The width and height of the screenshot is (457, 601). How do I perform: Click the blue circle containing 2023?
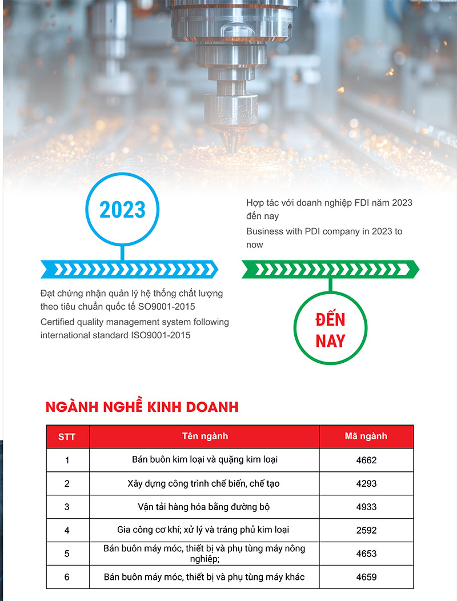pyautogui.click(x=123, y=210)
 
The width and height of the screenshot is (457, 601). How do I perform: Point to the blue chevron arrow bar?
pyautogui.click(x=129, y=269)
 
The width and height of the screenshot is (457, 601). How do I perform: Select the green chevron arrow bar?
pyautogui.click(x=330, y=269)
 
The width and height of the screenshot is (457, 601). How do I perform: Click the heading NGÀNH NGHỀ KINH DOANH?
pyautogui.click(x=142, y=407)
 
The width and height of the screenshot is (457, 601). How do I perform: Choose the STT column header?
pyautogui.click(x=67, y=436)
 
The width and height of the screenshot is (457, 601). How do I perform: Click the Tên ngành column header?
pyautogui.click(x=205, y=436)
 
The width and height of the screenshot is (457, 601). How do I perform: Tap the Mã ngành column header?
pyautogui.click(x=366, y=436)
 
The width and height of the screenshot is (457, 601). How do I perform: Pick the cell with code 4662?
pyautogui.click(x=366, y=460)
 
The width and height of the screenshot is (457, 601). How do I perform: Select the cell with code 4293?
pyautogui.click(x=366, y=483)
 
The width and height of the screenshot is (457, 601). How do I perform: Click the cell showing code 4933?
pyautogui.click(x=366, y=507)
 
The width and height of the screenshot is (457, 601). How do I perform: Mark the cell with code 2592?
pyautogui.click(x=366, y=530)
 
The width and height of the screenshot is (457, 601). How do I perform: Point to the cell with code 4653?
pyautogui.click(x=366, y=554)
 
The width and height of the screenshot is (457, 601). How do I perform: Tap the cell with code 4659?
pyautogui.click(x=366, y=577)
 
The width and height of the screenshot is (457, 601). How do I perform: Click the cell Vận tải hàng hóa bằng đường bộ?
pyautogui.click(x=204, y=507)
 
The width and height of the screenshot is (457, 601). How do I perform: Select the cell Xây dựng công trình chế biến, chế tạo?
pyautogui.click(x=204, y=483)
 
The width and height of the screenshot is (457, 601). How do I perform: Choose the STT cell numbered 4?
pyautogui.click(x=67, y=530)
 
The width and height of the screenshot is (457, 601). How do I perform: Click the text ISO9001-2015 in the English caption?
pyautogui.click(x=162, y=335)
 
